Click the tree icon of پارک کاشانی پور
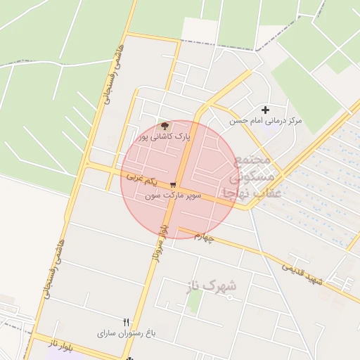[x=165, y=124]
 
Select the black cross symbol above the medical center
[x=265, y=110]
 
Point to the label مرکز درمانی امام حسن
[x=266, y=121]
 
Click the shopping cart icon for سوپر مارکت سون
[x=173, y=184]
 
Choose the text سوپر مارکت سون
[x=173, y=195]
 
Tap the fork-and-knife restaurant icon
[x=127, y=321]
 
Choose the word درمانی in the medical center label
[x=271, y=121]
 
